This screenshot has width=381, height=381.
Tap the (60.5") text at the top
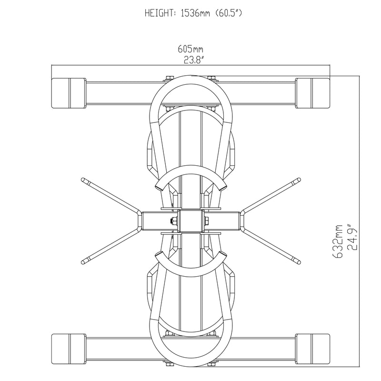pyautogui.click(x=231, y=13)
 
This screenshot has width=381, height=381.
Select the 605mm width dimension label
pyautogui.click(x=190, y=49)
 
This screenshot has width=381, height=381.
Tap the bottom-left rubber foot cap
pyautogui.click(x=68, y=348)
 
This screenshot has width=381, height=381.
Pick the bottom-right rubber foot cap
pyautogui.click(x=313, y=348)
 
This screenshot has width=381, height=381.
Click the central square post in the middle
pyautogui.click(x=190, y=221)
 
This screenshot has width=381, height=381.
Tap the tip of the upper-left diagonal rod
pyautogui.click(x=84, y=180)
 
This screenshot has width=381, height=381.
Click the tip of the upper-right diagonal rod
pyautogui.click(x=298, y=180)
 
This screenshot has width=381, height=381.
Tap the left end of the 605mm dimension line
pyautogui.click(x=52, y=66)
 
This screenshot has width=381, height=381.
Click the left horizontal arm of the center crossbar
pyautogui.click(x=155, y=221)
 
